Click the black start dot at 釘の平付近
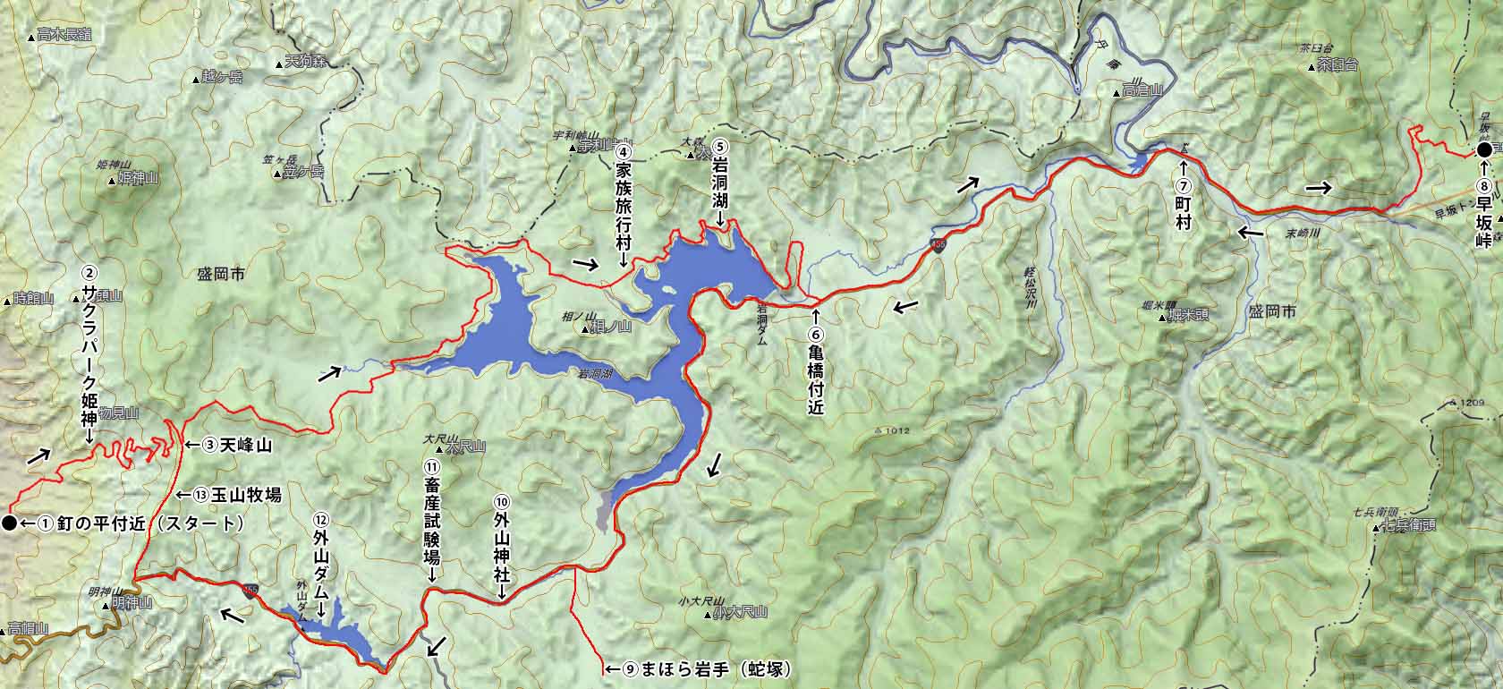(x=9, y=523)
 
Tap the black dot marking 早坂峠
(x=1484, y=150)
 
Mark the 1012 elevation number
(x=898, y=431)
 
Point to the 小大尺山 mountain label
(x=742, y=613)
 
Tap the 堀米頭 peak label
(x=1188, y=316)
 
